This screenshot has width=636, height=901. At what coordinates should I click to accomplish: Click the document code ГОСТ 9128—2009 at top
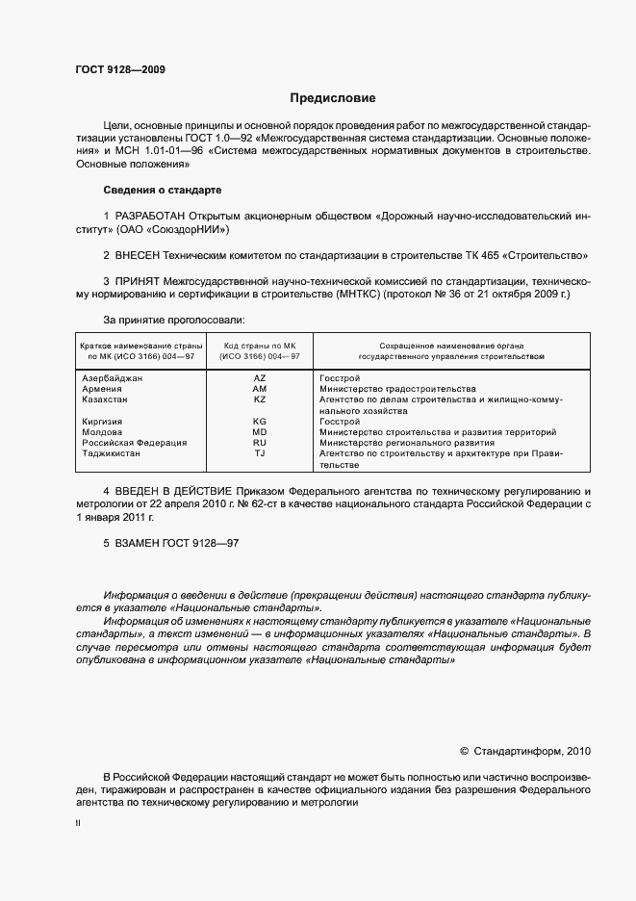120,70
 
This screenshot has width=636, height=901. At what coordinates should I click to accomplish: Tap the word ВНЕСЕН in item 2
138,256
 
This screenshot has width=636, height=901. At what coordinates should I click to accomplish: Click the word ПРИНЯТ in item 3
137,281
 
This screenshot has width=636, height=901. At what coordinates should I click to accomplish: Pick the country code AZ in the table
260,378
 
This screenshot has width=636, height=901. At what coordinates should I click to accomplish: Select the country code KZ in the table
260,399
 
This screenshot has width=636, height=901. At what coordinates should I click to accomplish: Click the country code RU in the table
260,443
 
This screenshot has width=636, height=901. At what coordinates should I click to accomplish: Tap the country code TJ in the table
260,453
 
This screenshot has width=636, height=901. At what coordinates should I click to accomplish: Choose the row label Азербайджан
114,378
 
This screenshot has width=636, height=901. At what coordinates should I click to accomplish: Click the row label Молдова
103,432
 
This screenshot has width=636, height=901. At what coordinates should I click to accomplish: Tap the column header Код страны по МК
260,345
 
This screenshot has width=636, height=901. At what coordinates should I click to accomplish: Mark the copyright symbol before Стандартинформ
464,751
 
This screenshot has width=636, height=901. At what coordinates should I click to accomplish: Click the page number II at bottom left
78,825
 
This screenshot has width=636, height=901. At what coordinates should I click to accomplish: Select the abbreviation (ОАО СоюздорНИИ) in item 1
174,231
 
